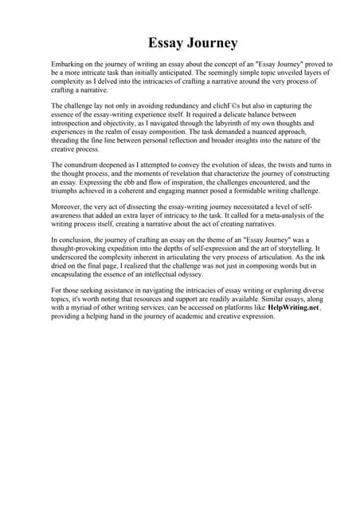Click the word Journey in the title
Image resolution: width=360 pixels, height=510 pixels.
click(208, 42)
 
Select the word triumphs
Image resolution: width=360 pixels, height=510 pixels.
click(65, 191)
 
